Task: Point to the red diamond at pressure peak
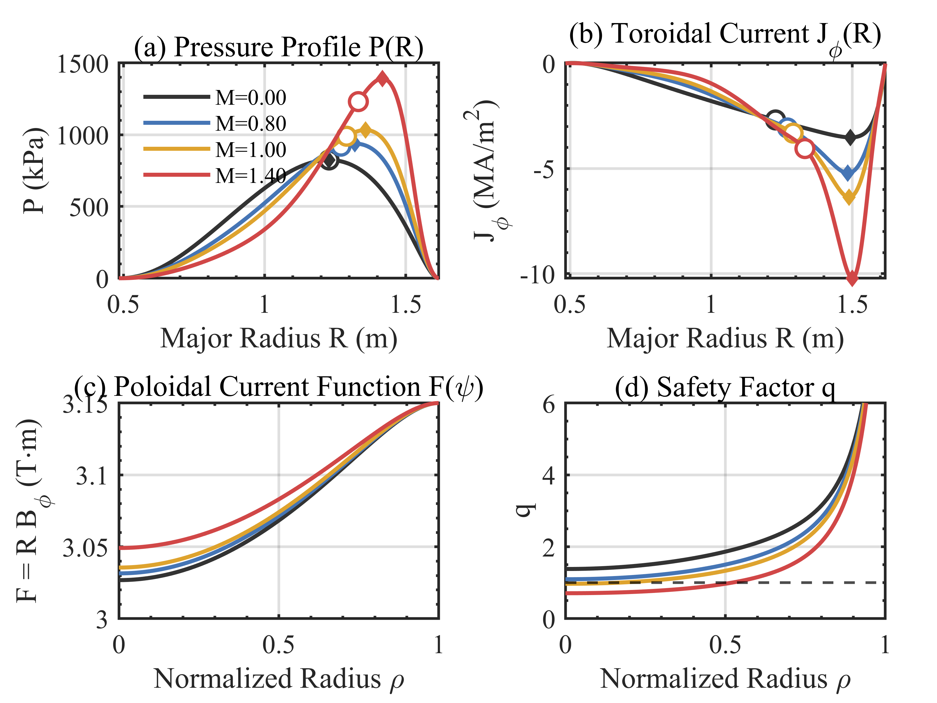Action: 383,78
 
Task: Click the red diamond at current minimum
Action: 851,279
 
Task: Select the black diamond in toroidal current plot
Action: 850,137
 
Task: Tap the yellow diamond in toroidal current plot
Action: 849,197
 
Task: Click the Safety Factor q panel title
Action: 725,387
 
